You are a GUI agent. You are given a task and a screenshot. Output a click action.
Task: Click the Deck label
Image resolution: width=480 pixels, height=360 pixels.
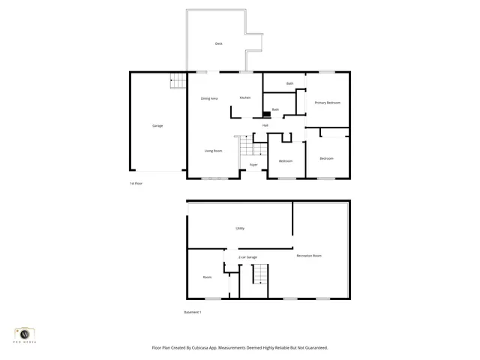point(219,44)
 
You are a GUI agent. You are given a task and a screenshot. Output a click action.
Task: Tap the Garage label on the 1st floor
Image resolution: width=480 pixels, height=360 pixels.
point(157,125)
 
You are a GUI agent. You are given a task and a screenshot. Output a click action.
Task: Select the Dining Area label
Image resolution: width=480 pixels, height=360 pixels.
point(209,98)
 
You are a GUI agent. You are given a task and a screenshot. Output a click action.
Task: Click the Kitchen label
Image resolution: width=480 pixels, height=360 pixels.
point(244,97)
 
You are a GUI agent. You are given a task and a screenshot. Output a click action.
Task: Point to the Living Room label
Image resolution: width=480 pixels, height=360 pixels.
point(214,151)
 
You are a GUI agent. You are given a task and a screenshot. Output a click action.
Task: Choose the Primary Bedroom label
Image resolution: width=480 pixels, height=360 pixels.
point(327,102)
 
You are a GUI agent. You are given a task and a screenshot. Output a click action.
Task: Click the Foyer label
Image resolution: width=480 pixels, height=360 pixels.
point(253,164)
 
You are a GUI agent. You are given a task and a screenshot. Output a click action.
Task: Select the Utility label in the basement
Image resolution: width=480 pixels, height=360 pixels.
point(240,228)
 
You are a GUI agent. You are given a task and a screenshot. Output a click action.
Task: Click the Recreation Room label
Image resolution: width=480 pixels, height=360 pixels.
point(309,256)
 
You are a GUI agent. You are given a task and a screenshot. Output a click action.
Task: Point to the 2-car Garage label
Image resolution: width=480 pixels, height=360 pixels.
point(247,257)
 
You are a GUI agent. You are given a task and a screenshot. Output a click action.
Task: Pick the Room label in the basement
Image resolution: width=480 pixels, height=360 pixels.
point(207,277)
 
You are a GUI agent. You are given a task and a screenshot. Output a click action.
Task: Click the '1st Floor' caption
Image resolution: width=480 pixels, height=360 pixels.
point(136,184)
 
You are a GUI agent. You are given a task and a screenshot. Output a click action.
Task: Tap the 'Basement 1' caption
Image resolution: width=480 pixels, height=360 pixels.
point(193,312)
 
